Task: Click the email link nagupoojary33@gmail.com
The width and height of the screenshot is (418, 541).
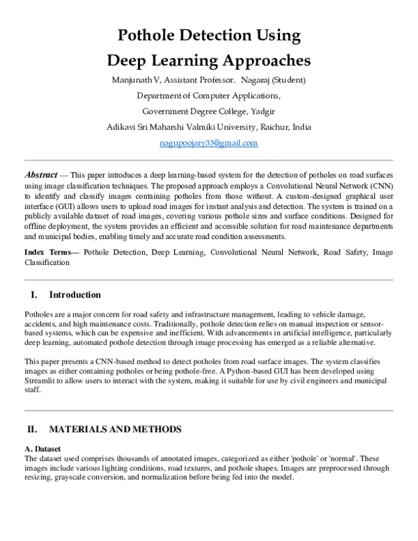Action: [x=209, y=143]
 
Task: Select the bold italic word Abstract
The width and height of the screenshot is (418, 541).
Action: [x=39, y=174]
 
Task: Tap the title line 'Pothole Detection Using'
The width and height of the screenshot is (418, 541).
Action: [x=209, y=35]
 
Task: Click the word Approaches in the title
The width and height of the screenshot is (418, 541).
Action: [x=260, y=59]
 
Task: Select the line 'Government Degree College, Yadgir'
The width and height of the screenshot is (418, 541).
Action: [x=209, y=112]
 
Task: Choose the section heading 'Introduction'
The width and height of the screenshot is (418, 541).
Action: [x=75, y=295]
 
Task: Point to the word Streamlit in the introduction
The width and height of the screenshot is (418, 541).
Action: [x=41, y=381]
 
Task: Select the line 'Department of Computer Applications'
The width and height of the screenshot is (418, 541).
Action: [x=209, y=96]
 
